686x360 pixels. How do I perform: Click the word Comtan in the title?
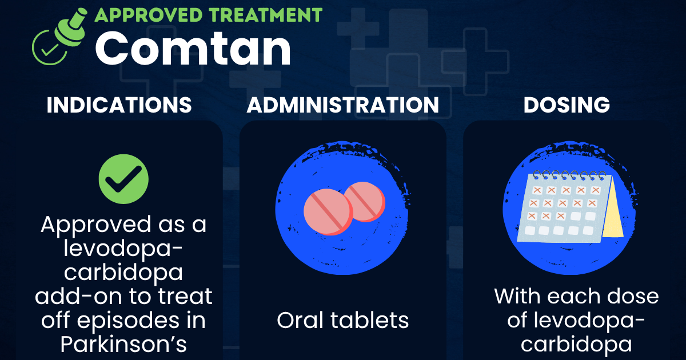193,49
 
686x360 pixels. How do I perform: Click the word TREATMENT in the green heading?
265,15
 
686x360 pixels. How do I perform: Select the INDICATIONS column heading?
119,105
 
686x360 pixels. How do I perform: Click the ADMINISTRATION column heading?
343,105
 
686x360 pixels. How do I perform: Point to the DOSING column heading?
567,105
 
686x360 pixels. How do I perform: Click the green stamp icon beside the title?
59,37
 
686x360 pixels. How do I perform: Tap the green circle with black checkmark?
123,179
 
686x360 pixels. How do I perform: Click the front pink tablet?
328,212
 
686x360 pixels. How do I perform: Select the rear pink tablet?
366,201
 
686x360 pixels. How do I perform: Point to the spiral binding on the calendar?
569,175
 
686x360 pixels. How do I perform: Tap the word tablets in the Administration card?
370,320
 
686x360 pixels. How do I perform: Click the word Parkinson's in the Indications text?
123,345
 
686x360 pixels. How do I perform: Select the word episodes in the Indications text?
128,321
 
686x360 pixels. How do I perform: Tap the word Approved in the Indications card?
96,225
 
